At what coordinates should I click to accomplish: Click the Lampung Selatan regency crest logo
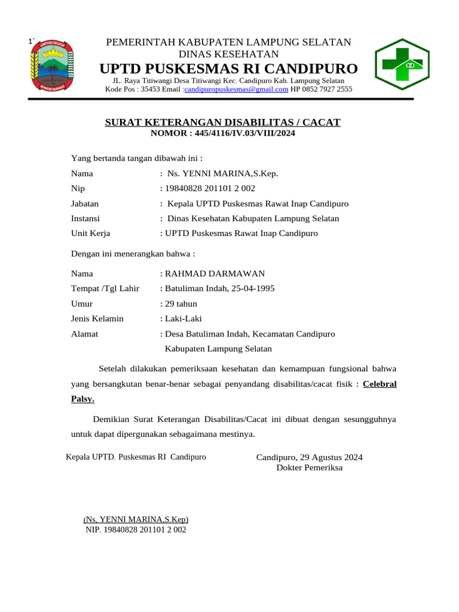pos(51,66)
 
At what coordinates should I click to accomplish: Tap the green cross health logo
pos(400,64)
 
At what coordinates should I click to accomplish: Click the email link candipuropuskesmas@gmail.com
pos(237,90)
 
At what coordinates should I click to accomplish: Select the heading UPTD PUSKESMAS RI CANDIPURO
pos(229,67)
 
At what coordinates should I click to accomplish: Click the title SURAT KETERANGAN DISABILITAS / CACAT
pos(222,123)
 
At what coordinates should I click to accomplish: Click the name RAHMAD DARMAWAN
pos(215,274)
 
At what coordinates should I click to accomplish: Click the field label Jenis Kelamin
pos(97,319)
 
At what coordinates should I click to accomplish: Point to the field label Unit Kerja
pos(91,233)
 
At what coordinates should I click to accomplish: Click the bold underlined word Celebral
pos(380,384)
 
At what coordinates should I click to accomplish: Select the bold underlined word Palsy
pos(82,399)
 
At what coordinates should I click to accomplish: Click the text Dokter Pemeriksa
pos(309,468)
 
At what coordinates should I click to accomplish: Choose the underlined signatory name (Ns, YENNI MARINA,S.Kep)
pos(136,520)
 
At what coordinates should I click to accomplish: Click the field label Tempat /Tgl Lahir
pos(105,289)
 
